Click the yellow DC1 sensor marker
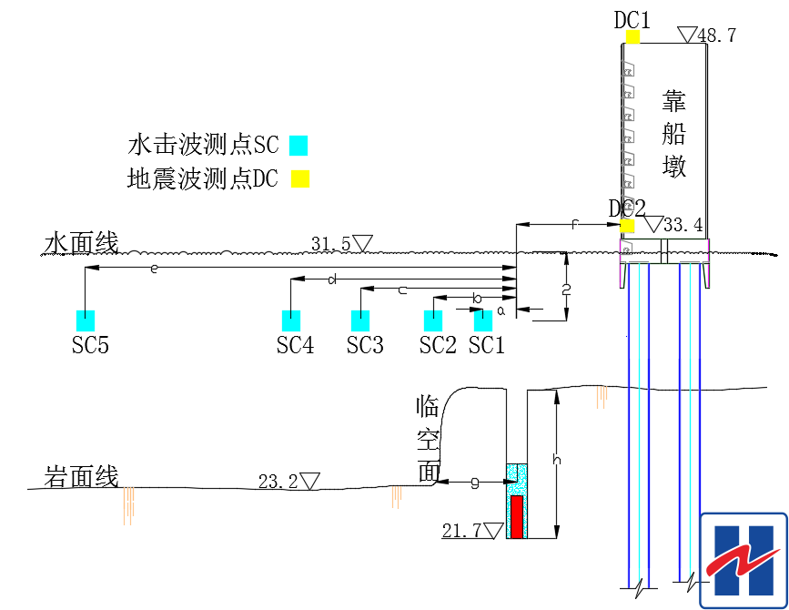(632, 37)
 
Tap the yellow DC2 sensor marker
(627, 225)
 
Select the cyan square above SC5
(86, 320)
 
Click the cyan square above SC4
(291, 320)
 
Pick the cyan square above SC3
(361, 320)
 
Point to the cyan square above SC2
(433, 320)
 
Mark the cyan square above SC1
(483, 320)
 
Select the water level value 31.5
(331, 244)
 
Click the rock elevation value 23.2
(278, 483)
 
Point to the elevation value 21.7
(462, 531)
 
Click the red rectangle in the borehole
(517, 516)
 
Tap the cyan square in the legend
(298, 145)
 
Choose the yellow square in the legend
(300, 178)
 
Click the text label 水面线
(81, 243)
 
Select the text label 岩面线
(81, 476)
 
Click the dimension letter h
(557, 461)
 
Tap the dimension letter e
(154, 268)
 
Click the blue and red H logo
(743, 560)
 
